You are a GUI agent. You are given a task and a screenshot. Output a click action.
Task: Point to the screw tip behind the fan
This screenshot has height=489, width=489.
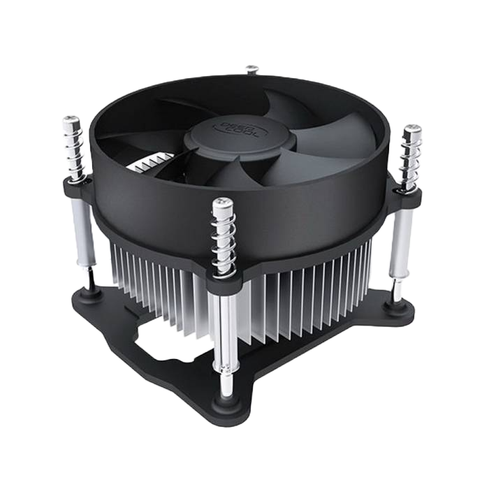point(252,69)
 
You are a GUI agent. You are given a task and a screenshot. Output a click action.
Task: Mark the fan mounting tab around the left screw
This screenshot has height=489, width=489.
point(78,187)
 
